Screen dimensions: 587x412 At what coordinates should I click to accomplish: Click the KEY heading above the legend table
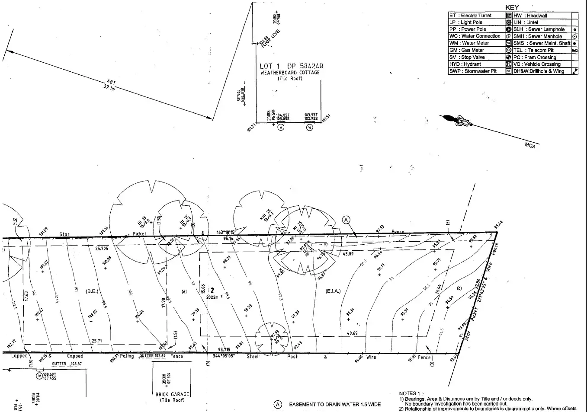[x=513, y=7]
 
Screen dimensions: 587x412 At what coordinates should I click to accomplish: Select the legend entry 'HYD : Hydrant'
[x=465, y=64]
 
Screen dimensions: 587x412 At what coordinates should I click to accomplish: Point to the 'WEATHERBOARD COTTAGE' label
[x=290, y=73]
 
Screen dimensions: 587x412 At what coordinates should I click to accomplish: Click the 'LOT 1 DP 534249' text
[x=291, y=66]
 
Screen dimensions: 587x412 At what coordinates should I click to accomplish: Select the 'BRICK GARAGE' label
[x=172, y=394]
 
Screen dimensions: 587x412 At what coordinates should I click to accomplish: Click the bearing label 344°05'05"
[x=224, y=356]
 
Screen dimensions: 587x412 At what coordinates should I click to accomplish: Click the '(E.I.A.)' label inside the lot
[x=333, y=291]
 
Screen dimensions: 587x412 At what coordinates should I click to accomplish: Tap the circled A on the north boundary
[x=346, y=220]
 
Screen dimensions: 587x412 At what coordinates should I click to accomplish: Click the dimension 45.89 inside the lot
[x=348, y=254]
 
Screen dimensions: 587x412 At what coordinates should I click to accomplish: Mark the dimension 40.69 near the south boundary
[x=352, y=333]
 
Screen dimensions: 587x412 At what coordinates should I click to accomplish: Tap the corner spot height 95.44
[x=499, y=225]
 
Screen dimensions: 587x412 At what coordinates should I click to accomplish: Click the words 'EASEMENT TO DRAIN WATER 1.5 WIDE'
[x=335, y=405]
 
